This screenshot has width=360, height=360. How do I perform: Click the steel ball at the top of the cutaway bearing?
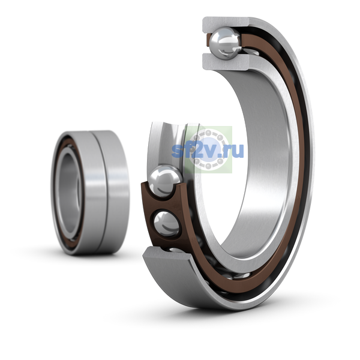(226, 43)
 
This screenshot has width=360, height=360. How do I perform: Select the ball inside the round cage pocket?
(166, 224)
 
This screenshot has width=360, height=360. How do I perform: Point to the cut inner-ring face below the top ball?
(226, 62)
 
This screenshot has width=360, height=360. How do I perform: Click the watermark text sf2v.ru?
(208, 151)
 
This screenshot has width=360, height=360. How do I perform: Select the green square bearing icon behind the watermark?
(208, 149)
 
